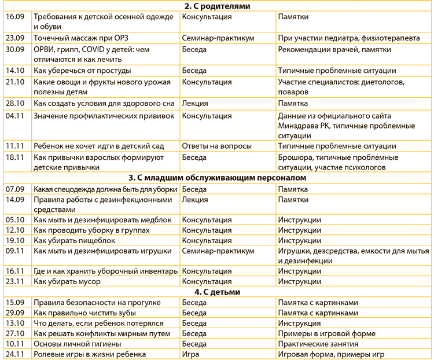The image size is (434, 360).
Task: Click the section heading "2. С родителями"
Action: tap(217, 6)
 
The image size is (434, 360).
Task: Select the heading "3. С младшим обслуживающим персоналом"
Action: tap(217, 178)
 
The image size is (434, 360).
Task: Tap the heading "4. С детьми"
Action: tap(217, 292)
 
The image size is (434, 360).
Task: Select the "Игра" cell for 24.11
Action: tap(191, 354)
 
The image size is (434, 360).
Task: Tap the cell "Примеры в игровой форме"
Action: tap(326, 333)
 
